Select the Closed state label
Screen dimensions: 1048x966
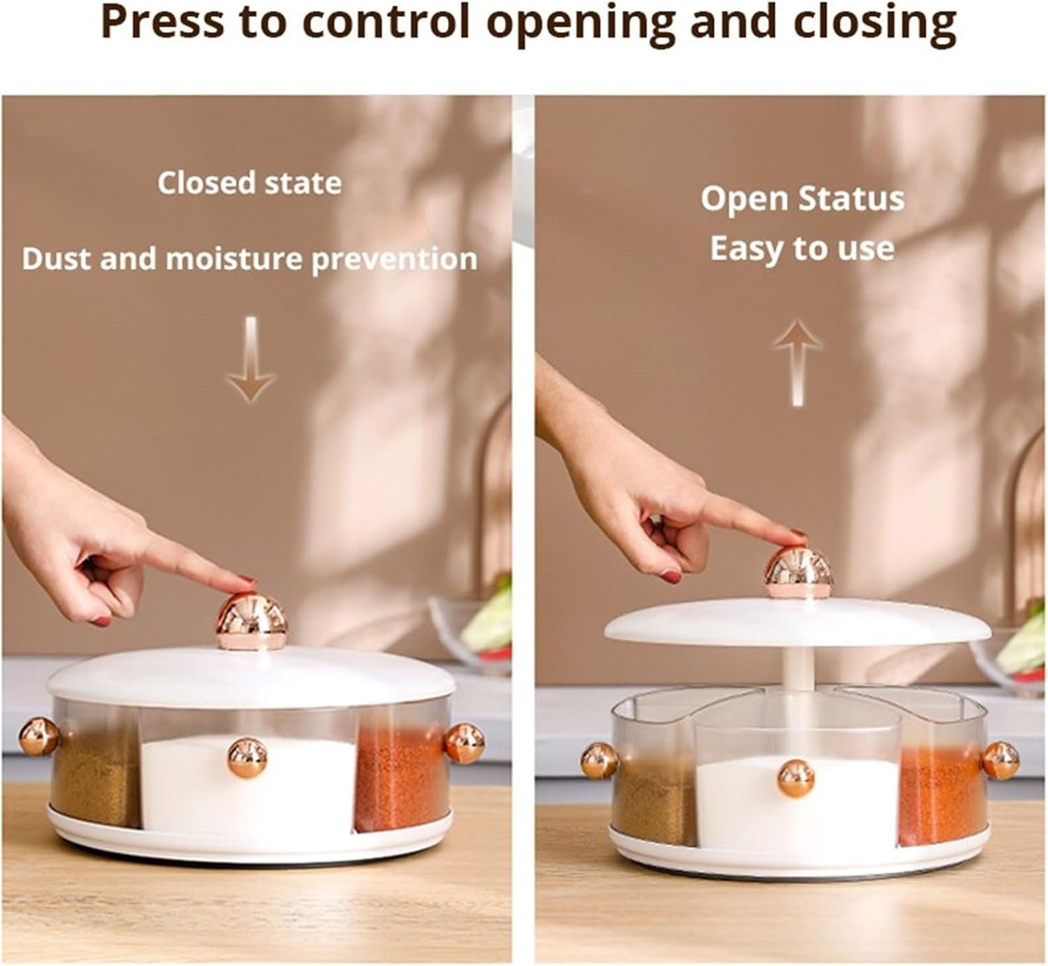249,183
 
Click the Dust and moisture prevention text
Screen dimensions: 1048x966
249,260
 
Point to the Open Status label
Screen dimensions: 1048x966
803,200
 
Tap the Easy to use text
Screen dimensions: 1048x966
802,249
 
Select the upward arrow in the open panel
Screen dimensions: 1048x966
797,363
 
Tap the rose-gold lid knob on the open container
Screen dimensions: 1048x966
799,573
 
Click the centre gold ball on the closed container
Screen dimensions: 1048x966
247,757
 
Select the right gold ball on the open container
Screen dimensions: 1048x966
1000,760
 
